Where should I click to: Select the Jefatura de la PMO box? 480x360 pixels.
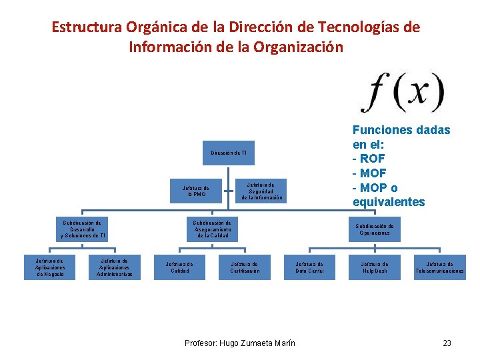point(196,191)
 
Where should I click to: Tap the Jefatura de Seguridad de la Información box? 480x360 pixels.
point(262,191)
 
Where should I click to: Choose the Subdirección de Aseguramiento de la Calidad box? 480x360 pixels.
point(212,229)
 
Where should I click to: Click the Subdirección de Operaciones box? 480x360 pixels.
point(375,229)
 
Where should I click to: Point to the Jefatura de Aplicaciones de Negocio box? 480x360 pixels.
point(50,267)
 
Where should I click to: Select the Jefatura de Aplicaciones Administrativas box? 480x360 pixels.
point(115,267)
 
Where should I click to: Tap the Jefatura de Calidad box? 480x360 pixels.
point(179,267)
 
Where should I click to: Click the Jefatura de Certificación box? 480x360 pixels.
point(245,267)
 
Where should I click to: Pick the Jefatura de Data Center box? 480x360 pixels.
point(309,267)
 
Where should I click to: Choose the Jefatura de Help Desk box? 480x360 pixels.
point(374,267)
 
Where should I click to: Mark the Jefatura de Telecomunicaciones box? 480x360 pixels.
point(439,267)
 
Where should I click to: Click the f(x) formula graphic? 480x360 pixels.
point(401,93)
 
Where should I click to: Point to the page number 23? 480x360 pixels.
point(447,343)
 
